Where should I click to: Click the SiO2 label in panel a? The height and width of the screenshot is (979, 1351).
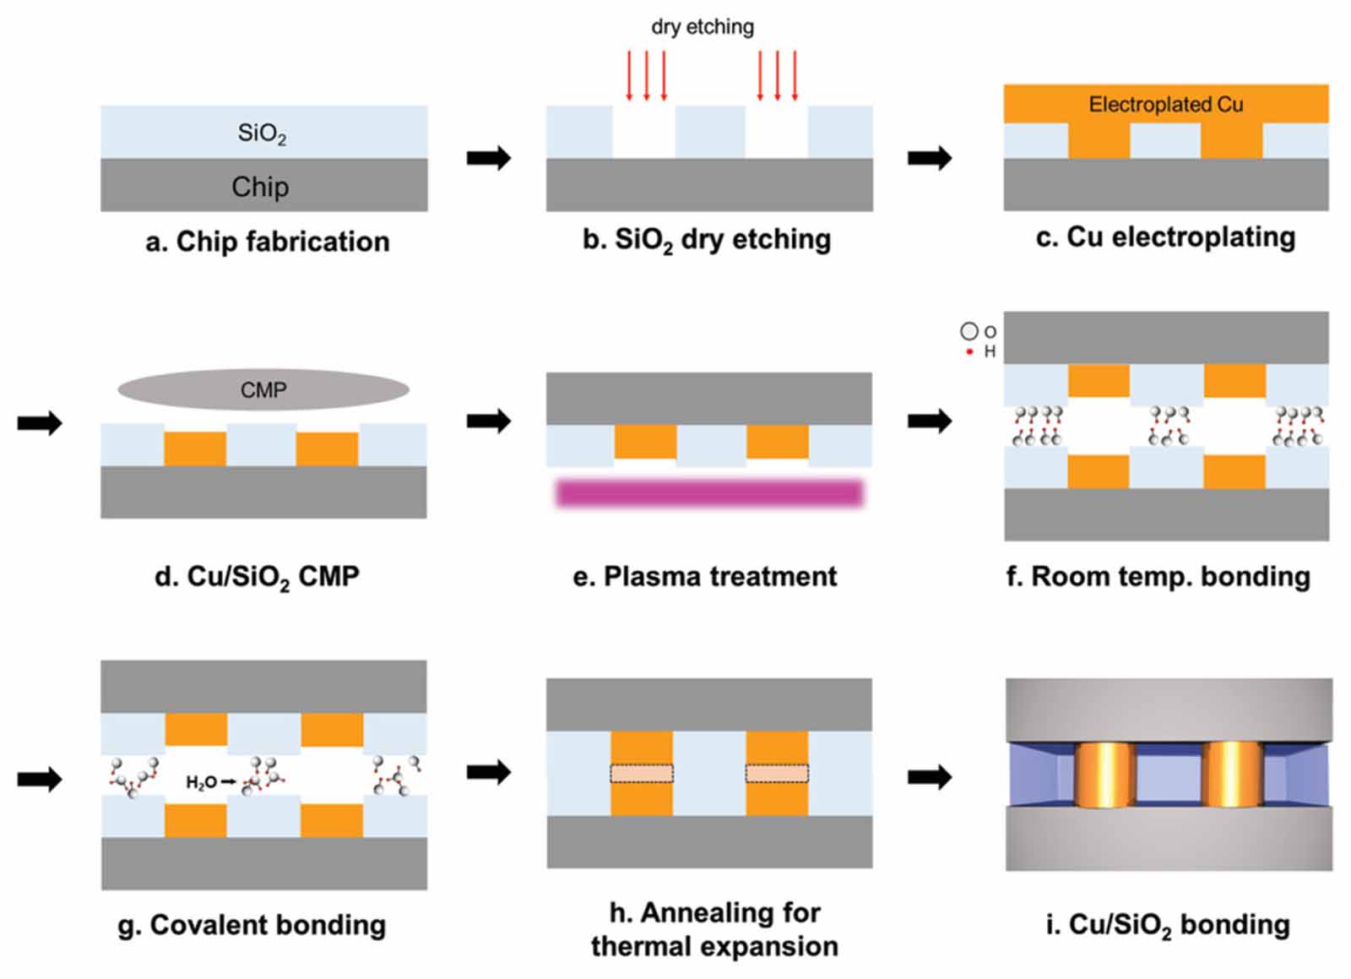click(x=262, y=133)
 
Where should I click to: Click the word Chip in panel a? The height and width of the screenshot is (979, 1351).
click(x=260, y=187)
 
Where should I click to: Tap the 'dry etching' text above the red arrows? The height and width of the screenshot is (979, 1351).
click(x=702, y=27)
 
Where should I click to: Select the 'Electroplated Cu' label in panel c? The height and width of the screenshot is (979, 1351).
click(x=1165, y=105)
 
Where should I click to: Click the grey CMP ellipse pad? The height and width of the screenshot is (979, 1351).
click(x=263, y=390)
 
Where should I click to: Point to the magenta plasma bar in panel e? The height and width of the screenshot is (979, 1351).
click(x=709, y=492)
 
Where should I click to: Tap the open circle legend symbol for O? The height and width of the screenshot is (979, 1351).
click(x=968, y=332)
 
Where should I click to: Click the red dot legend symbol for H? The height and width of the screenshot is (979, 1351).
click(x=969, y=351)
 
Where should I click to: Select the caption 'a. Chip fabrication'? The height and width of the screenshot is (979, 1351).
click(x=267, y=242)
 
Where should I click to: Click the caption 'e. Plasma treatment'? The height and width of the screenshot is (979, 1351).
click(x=704, y=576)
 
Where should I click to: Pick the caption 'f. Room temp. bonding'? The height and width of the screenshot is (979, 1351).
click(x=1158, y=576)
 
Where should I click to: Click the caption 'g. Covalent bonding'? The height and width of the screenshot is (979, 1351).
click(x=252, y=925)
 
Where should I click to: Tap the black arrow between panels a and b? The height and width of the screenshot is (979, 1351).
click(x=489, y=158)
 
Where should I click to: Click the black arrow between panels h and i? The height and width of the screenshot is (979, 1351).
click(x=930, y=776)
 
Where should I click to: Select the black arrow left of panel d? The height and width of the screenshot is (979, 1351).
click(x=40, y=422)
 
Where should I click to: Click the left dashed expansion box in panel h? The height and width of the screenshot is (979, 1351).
click(x=642, y=773)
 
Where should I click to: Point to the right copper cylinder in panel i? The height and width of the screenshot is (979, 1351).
click(x=1231, y=774)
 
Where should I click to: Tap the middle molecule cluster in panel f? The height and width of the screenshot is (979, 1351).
click(x=1169, y=426)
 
